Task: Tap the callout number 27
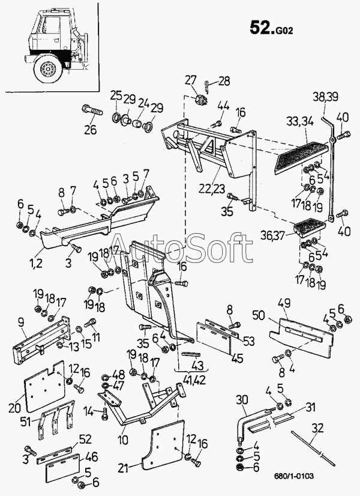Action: pyautogui.click(x=190, y=80)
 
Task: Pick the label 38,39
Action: pyautogui.click(x=325, y=96)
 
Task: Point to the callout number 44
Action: pyautogui.click(x=223, y=106)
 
